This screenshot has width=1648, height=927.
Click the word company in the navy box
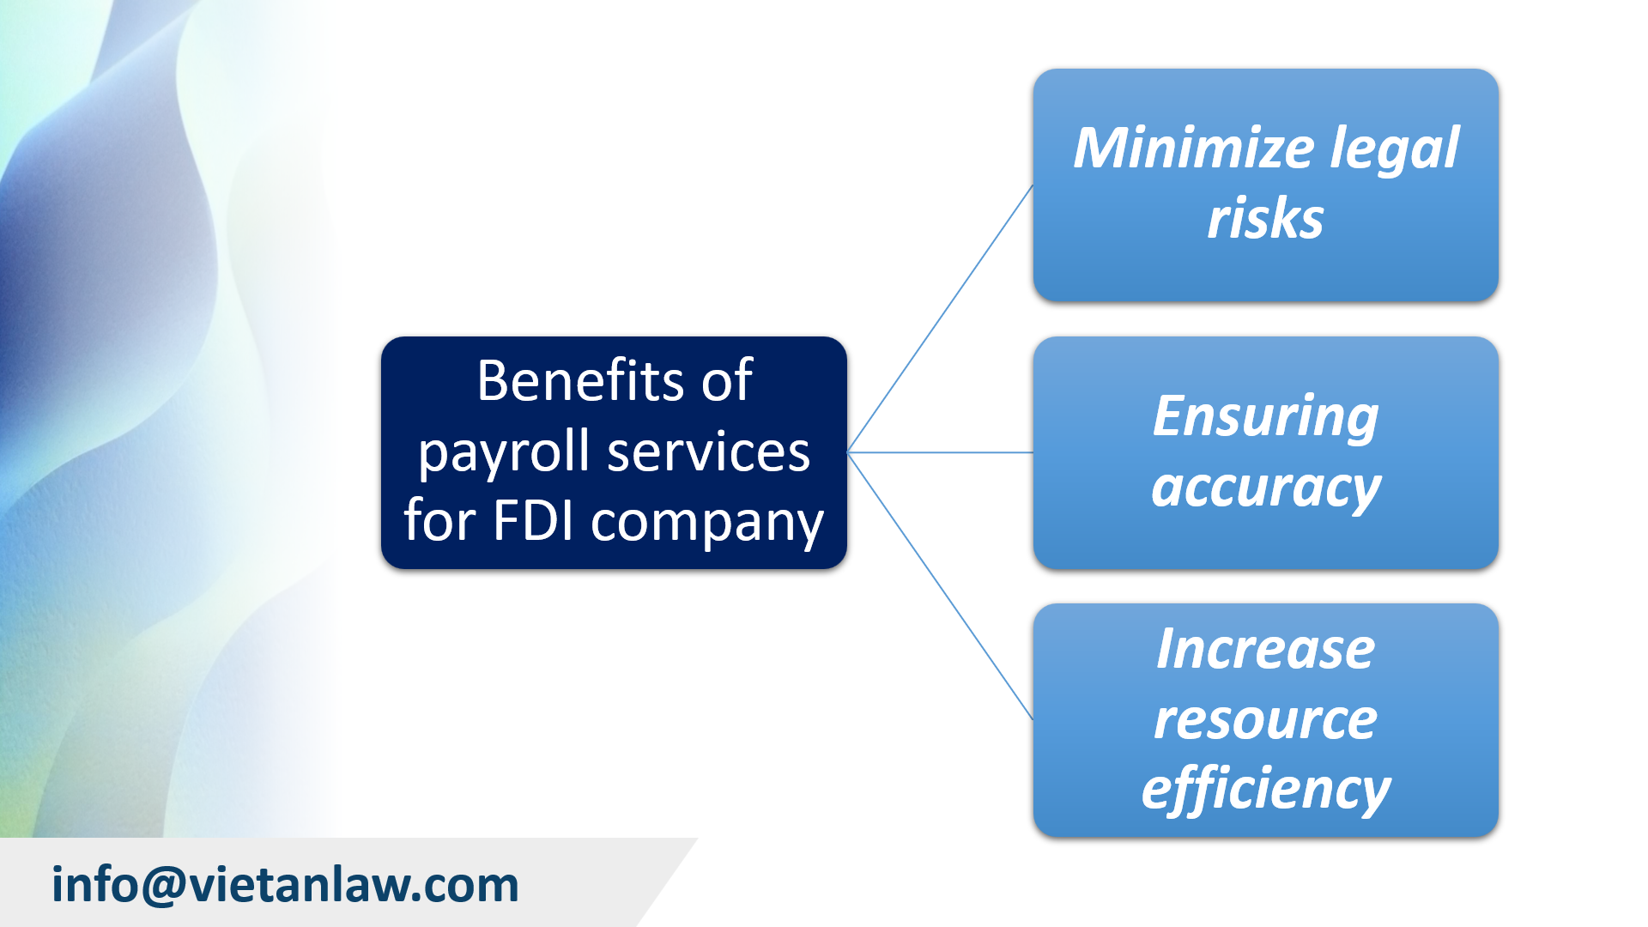(x=707, y=524)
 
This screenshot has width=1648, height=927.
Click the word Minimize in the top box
(x=1193, y=148)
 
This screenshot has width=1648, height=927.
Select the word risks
(x=1265, y=218)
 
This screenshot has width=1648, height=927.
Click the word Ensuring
(x=1265, y=418)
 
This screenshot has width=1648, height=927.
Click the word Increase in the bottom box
(x=1265, y=649)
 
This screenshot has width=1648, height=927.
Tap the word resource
(x=1265, y=719)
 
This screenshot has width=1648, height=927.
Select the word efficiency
(x=1265, y=790)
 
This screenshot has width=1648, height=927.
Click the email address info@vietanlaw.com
(x=285, y=885)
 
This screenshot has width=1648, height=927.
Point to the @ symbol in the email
(x=163, y=885)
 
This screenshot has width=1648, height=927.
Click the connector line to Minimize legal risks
(x=941, y=318)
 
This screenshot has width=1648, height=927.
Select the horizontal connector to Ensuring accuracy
(x=941, y=452)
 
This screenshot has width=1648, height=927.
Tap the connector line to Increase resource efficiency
(x=941, y=586)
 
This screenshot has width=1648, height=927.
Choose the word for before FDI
(x=439, y=520)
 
